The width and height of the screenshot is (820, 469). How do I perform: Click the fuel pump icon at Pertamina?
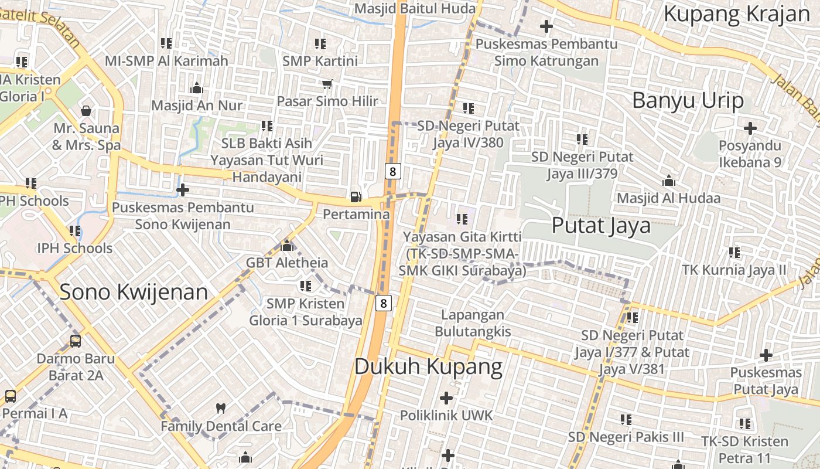pos(356,196)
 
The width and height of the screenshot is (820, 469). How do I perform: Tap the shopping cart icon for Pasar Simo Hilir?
pos(327,84)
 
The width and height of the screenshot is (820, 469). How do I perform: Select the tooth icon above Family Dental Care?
pos(221,408)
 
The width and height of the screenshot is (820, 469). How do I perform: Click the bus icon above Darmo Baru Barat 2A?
pos(76,340)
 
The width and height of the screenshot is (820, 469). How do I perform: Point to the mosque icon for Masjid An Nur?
pos(197,88)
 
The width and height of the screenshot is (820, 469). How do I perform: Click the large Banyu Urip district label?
pos(688,100)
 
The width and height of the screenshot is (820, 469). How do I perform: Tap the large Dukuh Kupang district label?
pos(428,366)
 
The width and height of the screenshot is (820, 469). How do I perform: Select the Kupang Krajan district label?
pos(736,14)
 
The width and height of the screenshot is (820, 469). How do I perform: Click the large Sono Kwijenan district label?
pos(134,291)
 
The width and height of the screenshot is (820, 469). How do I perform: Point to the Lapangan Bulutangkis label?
pos(473,323)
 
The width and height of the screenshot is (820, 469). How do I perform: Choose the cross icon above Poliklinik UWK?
pos(446,398)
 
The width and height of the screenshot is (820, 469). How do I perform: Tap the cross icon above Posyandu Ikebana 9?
pos(750,128)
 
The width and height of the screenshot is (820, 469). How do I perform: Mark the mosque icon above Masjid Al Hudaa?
pos(668,181)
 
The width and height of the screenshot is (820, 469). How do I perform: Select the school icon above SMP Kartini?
pos(320,43)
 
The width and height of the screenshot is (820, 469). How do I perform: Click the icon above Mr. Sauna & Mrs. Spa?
pos(86,110)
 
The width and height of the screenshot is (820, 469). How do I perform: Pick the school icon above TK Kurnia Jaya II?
pos(734,253)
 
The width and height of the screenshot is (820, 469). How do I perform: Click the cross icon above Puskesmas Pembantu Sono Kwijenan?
pos(183,190)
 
